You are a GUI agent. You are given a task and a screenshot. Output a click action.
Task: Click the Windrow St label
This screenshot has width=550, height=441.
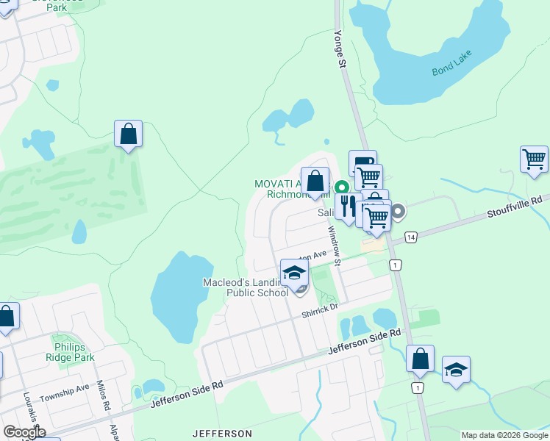click(x=335, y=245)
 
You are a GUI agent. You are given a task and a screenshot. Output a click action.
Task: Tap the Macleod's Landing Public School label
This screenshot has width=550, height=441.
click(x=246, y=287)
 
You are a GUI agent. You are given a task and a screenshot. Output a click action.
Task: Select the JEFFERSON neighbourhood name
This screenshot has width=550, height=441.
click(x=222, y=434)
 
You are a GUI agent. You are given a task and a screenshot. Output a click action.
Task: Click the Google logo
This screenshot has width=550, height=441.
click(x=24, y=432)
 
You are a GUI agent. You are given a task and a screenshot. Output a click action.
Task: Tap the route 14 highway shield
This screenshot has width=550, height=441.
click(x=410, y=237)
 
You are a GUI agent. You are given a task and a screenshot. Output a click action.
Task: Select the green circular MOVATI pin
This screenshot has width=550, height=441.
click(x=341, y=187)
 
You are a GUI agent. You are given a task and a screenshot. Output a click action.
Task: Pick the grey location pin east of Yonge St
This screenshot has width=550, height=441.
click(x=398, y=212)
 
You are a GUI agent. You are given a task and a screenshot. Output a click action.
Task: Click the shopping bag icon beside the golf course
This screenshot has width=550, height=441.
click(x=128, y=134)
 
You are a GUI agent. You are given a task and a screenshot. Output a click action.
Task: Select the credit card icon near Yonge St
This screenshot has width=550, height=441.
click(x=362, y=162)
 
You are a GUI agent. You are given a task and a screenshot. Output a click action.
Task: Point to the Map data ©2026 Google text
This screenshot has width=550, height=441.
click(x=504, y=435)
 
